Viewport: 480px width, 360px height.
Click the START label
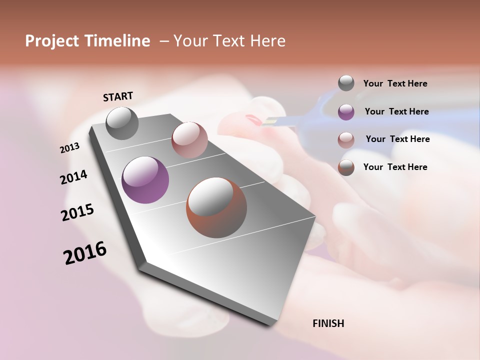118,96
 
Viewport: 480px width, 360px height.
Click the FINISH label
328,323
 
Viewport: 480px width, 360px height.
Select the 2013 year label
69,148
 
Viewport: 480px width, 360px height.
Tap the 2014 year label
73,177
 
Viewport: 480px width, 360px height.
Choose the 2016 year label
85,252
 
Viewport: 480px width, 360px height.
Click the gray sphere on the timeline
122,123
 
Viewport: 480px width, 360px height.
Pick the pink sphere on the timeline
189,139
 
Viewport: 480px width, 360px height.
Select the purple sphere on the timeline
145,180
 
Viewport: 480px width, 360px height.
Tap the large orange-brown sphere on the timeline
216,207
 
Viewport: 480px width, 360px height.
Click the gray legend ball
346,83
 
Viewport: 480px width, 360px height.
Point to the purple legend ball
346,112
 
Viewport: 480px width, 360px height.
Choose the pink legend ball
346,139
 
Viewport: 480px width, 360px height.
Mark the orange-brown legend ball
346,167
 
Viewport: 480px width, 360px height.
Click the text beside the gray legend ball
395,84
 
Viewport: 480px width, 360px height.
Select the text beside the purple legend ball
396,111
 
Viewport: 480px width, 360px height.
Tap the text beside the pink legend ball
397,139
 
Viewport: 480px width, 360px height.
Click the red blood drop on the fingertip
253,119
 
